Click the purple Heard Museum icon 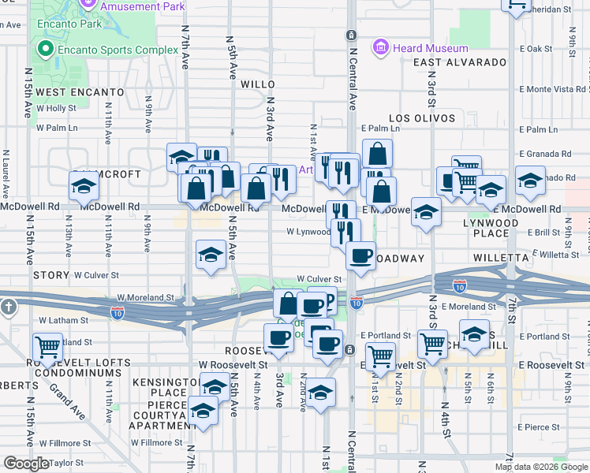tap(382, 48)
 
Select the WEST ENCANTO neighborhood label tap(80, 92)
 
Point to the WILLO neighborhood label tap(257, 84)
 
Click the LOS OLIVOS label tap(422, 118)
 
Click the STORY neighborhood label tap(51, 276)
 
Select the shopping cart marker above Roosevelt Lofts tap(48, 345)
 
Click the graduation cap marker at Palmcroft tap(84, 187)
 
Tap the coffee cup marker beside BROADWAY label tap(361, 255)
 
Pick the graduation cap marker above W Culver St tap(210, 255)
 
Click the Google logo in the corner tap(26, 464)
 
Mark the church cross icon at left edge tap(8, 306)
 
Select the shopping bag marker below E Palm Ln tap(378, 153)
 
